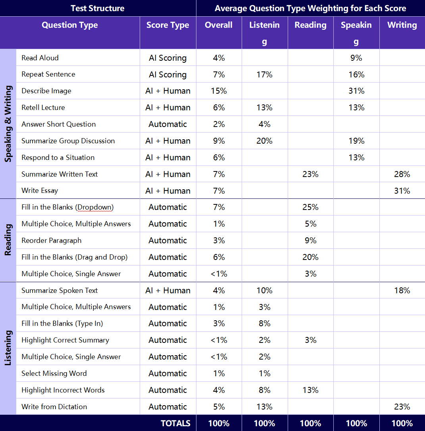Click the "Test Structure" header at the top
97,8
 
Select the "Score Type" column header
167,25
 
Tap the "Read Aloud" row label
40,58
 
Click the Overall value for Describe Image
219,91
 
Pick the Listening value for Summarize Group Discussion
264,141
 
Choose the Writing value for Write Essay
402,191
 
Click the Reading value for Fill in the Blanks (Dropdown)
310,207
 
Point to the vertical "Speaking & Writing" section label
8,123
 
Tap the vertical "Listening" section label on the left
8,348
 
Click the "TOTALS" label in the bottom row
175,423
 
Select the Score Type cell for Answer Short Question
167,124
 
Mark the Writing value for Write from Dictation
402,407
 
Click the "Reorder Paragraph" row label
52,241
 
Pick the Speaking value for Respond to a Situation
356,158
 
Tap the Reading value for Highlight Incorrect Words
310,390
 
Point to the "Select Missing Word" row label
54,373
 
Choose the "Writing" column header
402,25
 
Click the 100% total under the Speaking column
356,423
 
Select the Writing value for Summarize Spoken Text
402,291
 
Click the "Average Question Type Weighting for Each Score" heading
310,8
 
